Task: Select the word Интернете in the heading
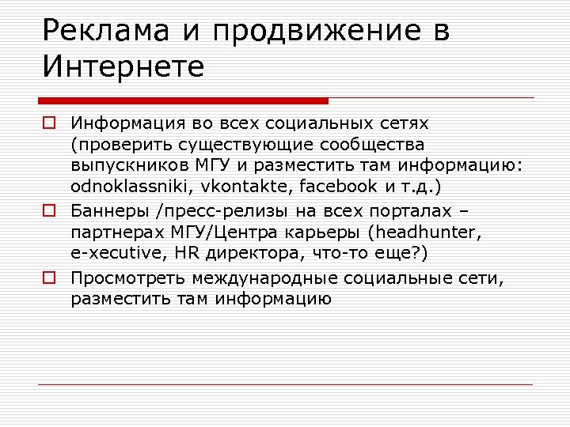pyautogui.click(x=123, y=66)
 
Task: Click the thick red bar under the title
pyautogui.click(x=183, y=100)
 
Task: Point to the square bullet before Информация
pyautogui.click(x=49, y=124)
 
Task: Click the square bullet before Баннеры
pyautogui.click(x=49, y=212)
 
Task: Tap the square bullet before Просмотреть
pyautogui.click(x=49, y=278)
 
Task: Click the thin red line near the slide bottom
pyautogui.click(x=286, y=385)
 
